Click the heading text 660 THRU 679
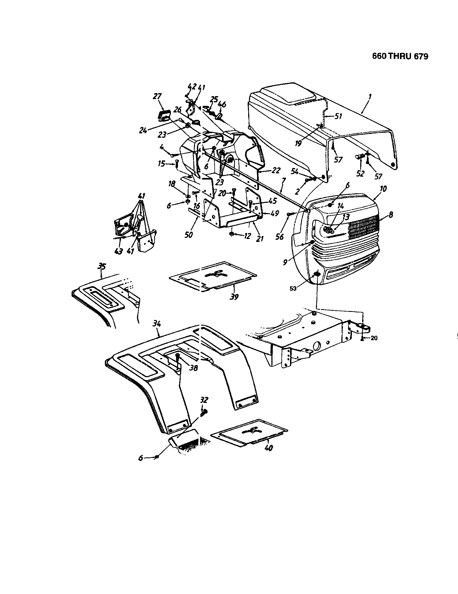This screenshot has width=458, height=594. [400, 56]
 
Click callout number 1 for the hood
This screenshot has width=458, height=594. [370, 96]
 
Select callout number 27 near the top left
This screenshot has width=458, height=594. [157, 97]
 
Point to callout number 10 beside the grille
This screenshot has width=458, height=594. [383, 189]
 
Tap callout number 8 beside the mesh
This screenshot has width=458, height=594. [391, 215]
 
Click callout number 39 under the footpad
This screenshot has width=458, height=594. [234, 297]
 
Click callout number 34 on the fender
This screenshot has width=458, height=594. [157, 324]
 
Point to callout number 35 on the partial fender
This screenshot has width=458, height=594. [102, 267]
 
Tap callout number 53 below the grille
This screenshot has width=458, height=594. [293, 288]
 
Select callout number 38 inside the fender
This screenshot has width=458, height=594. [193, 368]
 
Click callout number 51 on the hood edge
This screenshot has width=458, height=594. [338, 116]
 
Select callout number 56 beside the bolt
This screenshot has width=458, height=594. [279, 237]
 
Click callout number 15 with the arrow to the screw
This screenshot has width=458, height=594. [161, 164]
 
